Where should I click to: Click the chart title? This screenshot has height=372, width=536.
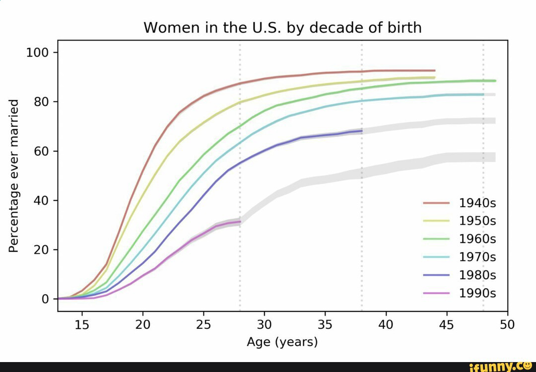282,27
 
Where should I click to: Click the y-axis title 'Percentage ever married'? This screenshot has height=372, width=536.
14,175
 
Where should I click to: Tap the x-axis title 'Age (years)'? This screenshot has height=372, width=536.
282,342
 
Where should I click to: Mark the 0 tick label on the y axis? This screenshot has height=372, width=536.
45,299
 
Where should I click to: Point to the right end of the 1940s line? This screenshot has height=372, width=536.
435,71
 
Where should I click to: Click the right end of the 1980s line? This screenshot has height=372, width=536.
362,131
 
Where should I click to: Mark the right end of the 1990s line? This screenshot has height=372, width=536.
240,222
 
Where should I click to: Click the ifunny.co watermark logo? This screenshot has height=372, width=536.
501,367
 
